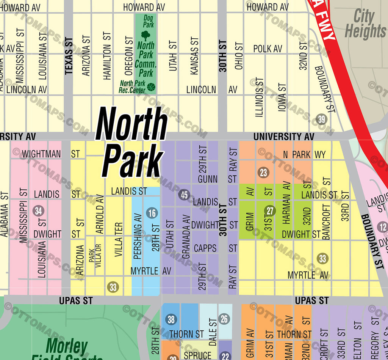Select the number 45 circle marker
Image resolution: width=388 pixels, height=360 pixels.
[x=184, y=195]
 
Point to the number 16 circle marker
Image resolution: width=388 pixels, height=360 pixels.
[x=152, y=213]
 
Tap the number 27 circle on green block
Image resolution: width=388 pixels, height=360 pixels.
[x=270, y=211]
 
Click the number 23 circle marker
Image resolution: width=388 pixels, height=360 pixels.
[x=263, y=173]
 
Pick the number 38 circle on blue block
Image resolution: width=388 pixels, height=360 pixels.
[x=171, y=319]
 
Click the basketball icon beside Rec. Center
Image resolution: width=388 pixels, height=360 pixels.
[x=151, y=87]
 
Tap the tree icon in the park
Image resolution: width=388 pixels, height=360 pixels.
[x=145, y=36]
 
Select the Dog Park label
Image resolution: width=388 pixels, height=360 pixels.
[x=149, y=21]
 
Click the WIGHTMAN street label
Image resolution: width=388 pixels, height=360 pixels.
[x=41, y=154]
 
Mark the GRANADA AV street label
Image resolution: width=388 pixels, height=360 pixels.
[x=186, y=237]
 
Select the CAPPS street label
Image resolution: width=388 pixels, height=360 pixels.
[x=205, y=248]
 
